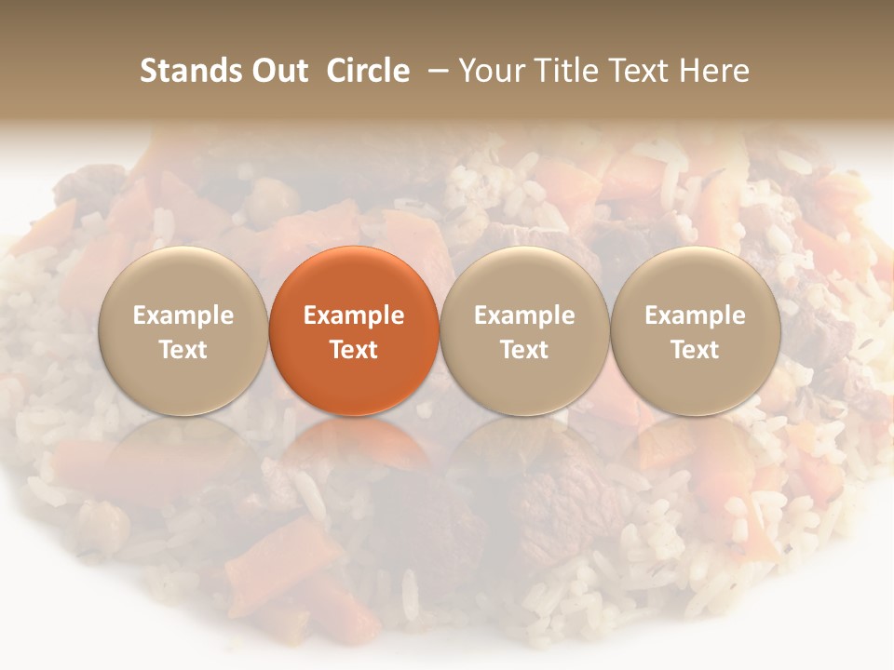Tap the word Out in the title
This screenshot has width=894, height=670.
pos(277,71)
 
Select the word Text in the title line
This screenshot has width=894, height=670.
pos(642,71)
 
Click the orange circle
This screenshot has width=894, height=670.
pos(354,330)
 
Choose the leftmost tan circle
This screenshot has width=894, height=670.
pos(183,330)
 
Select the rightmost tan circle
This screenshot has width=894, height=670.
pos(696,330)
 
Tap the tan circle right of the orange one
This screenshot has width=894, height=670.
pos(524,330)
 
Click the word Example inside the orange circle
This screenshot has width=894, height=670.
pos(354,315)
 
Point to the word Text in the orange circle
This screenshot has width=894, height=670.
pos(354,350)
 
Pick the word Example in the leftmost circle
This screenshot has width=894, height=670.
pos(183,315)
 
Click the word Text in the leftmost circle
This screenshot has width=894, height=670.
pos(183,350)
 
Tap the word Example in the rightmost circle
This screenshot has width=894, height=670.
pos(696,315)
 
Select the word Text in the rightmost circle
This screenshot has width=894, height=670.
pos(696,350)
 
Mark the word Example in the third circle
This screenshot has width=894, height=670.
pos(524,315)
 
